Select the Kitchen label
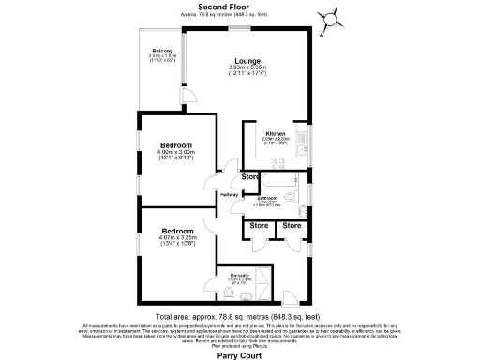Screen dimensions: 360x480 [x=275, y=133]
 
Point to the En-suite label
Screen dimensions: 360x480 [x=241, y=275]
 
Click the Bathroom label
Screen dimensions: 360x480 [x=266, y=198]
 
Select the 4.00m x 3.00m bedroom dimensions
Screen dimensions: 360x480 [x=176, y=156]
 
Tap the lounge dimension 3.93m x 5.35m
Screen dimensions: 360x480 [x=247, y=70]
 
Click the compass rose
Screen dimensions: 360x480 [x=332, y=18]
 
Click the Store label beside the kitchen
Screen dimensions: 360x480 [x=249, y=176]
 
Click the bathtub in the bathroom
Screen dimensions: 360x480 [x=281, y=180]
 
